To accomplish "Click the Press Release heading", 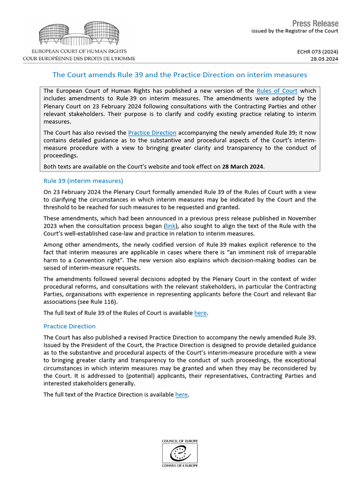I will tap(315, 23).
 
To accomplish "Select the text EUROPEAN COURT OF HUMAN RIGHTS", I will tap(79, 51).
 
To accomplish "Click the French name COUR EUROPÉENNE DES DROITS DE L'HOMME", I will tap(79, 59).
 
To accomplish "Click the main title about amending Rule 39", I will tap(180, 75).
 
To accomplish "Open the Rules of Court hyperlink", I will tap(277, 91).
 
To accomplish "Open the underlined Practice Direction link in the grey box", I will tap(152, 133).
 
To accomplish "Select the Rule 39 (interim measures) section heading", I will tap(83, 180).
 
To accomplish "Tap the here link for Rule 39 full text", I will tap(200, 313).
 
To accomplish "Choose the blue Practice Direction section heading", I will tap(69, 326).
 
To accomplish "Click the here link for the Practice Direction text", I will tap(181, 395).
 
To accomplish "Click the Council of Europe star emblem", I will tap(180, 453).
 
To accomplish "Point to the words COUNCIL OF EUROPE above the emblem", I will tap(180, 442).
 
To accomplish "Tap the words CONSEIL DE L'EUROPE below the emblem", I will tap(180, 465).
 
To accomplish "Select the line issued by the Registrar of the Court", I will tap(294, 31).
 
